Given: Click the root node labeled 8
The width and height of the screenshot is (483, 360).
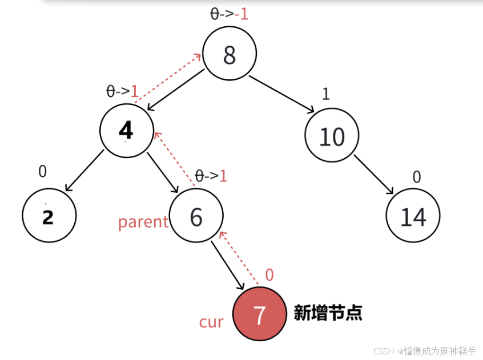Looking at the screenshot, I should tap(230, 55).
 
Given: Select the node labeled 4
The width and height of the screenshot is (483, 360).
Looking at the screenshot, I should tap(126, 130).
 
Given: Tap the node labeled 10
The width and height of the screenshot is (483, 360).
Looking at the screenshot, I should tap(332, 136).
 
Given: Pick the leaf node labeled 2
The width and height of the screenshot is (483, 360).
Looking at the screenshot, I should tap(49, 216).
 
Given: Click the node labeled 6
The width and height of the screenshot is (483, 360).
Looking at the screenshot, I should tap(196, 217).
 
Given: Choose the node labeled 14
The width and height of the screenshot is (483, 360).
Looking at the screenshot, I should tap(413, 217).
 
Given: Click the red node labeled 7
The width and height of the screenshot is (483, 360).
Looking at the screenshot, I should tap(259, 314).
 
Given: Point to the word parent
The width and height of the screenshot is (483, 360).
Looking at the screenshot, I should tap(143, 221).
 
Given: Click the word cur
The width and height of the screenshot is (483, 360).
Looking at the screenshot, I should tap(211, 322).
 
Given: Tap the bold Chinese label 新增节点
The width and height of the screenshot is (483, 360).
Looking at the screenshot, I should tap(328, 313).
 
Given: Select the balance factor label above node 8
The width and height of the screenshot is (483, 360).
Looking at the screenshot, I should tap(229, 14).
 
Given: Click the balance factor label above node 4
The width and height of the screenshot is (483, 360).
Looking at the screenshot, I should tap(123, 91).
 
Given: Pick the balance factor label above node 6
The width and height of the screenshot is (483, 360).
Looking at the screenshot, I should tap(211, 175).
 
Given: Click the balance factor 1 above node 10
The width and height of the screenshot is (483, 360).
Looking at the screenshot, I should tap(325, 94).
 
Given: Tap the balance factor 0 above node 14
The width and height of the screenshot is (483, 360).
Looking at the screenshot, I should tap(416, 177).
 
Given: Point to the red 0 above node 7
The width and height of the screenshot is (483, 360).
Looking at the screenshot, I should tap(269, 275).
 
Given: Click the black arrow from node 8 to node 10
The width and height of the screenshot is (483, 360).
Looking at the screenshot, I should tap(281, 94).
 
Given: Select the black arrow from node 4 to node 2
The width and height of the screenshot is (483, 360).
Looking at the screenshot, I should tap(84, 171).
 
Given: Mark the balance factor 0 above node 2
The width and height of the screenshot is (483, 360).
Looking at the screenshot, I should tap(43, 171).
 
